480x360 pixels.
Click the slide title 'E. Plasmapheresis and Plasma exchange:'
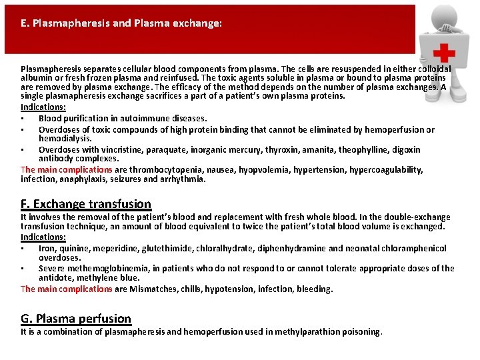pos(121,23)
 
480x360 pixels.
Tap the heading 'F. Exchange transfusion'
pos(86,204)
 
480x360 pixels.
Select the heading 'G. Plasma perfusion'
pos(76,318)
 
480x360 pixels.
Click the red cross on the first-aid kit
pos(443,53)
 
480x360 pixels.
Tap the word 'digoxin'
pos(406,150)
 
